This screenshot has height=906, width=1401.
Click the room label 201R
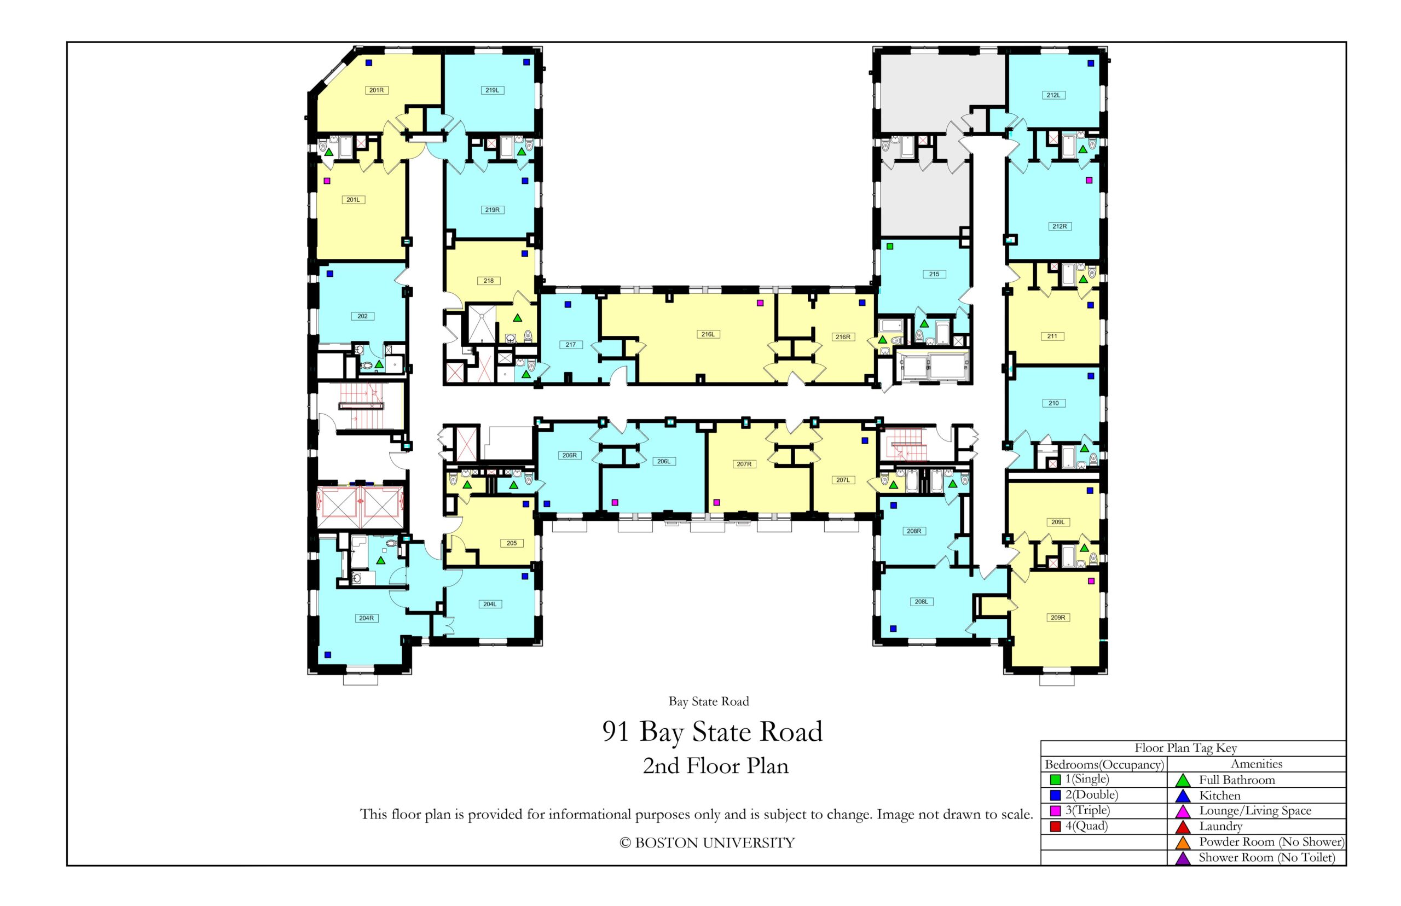pyautogui.click(x=376, y=90)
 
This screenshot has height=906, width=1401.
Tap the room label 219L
pyautogui.click(x=492, y=90)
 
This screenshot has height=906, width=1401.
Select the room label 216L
pyautogui.click(x=707, y=334)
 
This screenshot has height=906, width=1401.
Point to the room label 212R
pyautogui.click(x=1059, y=226)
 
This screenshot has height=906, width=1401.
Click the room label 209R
pyautogui.click(x=1057, y=617)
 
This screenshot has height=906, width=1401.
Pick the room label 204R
pyautogui.click(x=366, y=618)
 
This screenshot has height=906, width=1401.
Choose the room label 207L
pyautogui.click(x=843, y=480)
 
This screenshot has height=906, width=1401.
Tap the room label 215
pyautogui.click(x=934, y=274)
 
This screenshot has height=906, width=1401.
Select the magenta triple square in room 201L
pyautogui.click(x=327, y=181)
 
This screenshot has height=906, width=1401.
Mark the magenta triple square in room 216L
pyautogui.click(x=760, y=303)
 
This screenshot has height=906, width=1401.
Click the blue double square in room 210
pyautogui.click(x=1090, y=375)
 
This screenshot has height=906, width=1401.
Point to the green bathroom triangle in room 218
pyautogui.click(x=517, y=318)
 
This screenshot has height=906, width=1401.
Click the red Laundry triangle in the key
pyautogui.click(x=1182, y=827)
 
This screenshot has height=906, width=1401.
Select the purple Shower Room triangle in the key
pyautogui.click(x=1182, y=858)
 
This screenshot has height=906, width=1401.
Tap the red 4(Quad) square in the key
pyautogui.click(x=1055, y=826)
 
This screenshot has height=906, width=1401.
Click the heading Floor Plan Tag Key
pyautogui.click(x=1185, y=748)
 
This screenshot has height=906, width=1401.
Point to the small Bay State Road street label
pyautogui.click(x=709, y=701)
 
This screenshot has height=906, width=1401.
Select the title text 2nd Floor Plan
pyautogui.click(x=715, y=765)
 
